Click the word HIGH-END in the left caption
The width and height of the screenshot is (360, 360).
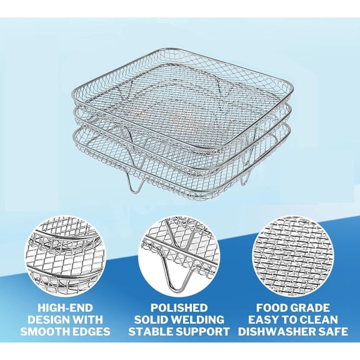(x=56, y=308)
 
